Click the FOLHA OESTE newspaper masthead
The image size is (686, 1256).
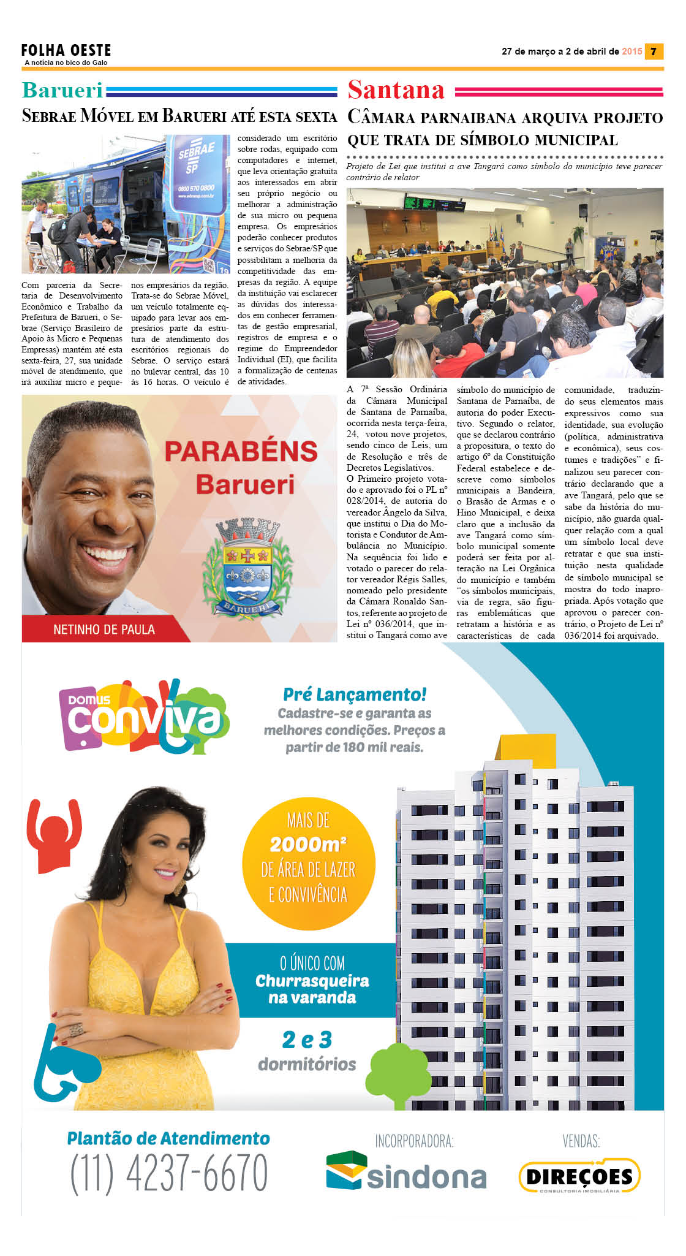click(x=66, y=51)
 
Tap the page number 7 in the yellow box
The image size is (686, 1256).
click(x=654, y=51)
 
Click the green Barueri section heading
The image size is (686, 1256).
click(x=62, y=90)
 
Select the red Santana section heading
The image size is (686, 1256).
click(x=396, y=90)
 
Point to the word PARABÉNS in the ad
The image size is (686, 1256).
click(x=241, y=452)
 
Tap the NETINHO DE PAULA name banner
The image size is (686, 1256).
click(x=104, y=630)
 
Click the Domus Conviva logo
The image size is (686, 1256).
click(x=145, y=717)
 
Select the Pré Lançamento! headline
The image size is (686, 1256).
click(x=355, y=695)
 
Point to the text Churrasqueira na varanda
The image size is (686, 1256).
click(x=312, y=989)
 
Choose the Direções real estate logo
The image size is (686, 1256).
click(x=579, y=1175)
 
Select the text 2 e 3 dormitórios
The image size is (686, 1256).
click(x=307, y=1051)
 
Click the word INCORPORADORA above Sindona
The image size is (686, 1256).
click(x=414, y=1141)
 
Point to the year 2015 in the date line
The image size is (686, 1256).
click(x=631, y=51)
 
